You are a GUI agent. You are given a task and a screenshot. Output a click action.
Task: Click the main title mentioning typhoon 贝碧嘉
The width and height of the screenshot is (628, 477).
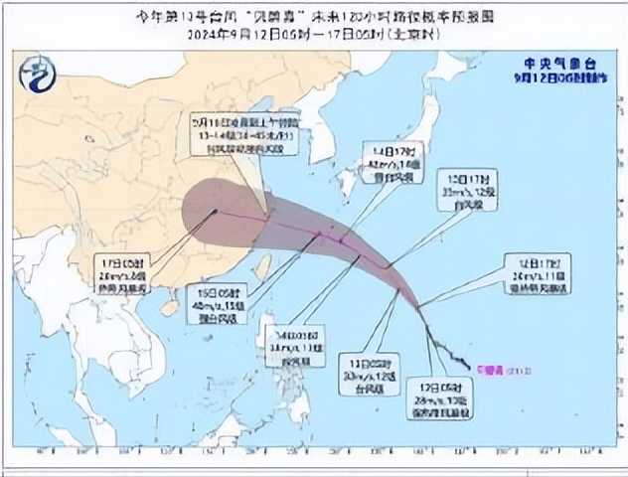click(314, 17)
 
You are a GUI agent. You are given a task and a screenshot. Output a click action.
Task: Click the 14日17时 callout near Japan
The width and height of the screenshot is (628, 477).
click(392, 161)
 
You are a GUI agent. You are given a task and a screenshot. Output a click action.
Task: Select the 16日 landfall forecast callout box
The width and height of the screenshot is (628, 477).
click(244, 132)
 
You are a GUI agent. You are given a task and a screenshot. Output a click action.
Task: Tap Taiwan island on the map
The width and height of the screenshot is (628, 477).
click(263, 265)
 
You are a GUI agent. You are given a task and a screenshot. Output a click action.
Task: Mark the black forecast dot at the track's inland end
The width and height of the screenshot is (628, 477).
click(216, 211)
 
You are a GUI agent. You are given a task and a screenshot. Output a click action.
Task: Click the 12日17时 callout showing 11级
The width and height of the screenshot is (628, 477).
click(537, 273)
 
